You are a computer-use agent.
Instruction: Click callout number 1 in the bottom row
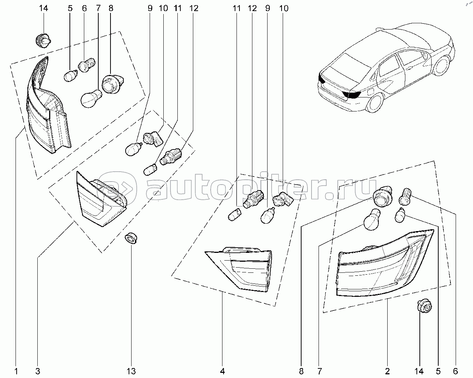(16, 371)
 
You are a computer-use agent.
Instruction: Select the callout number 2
(388, 371)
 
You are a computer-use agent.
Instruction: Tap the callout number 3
(38, 371)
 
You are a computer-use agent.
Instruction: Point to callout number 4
(222, 371)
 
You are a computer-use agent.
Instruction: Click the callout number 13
(131, 371)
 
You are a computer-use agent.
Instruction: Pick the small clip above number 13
(131, 238)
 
